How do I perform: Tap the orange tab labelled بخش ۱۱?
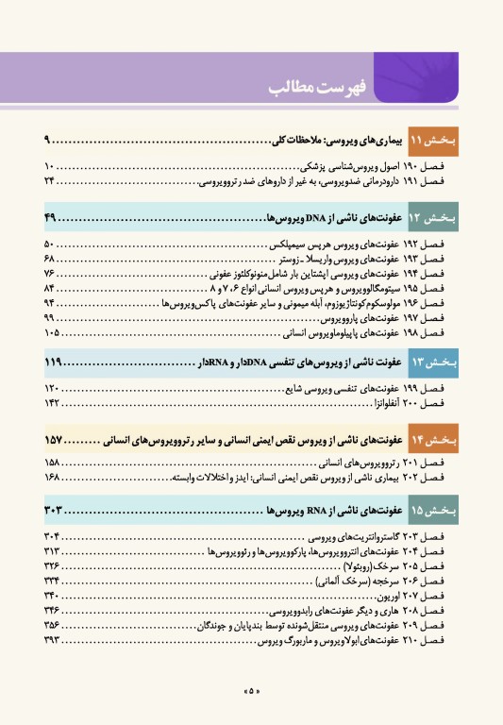tap(433, 141)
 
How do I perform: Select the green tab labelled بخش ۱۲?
tap(433, 218)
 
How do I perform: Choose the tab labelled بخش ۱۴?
tap(433, 439)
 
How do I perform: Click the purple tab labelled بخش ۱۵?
tap(433, 512)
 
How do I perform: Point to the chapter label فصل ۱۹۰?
tap(437, 166)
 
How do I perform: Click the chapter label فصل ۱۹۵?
tap(437, 287)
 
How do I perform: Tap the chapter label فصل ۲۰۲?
tap(437, 480)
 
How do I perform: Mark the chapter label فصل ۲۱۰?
tap(437, 641)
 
